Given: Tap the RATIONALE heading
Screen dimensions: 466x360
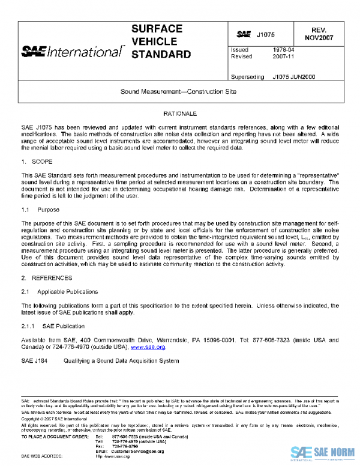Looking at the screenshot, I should tap(179, 113).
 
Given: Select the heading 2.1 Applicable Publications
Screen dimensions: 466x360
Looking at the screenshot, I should tap(59, 291).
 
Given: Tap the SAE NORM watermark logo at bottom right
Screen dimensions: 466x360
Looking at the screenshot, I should tap(324, 452).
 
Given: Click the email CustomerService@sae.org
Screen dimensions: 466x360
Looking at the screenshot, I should tap(139, 450).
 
